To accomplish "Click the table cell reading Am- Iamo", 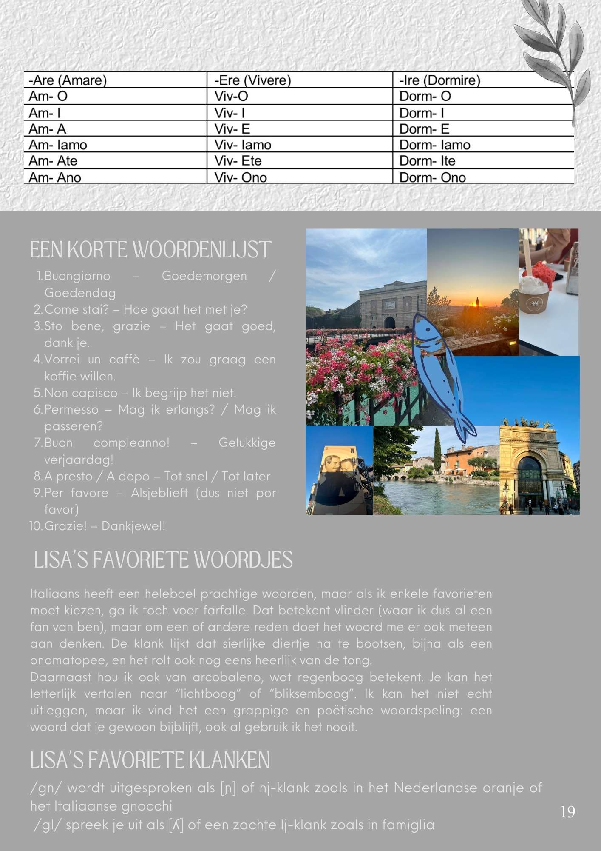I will pos(58,145).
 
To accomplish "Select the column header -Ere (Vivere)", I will pos(252,80).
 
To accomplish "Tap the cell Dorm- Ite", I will pos(427,161).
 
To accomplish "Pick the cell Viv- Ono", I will pos(241,177).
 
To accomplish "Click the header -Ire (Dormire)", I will pos(439,80).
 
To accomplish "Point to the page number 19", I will pos(567,812).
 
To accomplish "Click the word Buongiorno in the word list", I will pos(77,276).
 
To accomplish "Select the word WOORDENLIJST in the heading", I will pos(202,250).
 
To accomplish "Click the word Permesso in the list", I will pos(71,409).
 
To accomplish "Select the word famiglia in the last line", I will pos(408,825).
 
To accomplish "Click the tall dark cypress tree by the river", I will pos(438,451).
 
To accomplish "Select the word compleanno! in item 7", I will pos(131,443).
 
